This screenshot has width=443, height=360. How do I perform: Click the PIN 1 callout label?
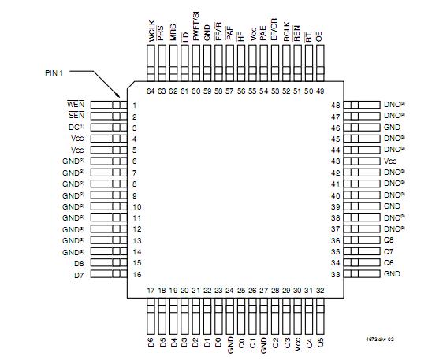pyautogui.click(x=53, y=72)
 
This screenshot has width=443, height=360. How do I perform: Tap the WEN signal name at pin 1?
pyautogui.click(x=75, y=105)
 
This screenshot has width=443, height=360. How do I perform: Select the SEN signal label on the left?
pyautogui.click(x=75, y=116)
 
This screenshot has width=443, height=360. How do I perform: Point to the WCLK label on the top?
pyautogui.click(x=151, y=31)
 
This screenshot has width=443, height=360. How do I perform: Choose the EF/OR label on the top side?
pyautogui.click(x=274, y=29)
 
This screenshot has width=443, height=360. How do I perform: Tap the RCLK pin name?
pyautogui.click(x=285, y=31)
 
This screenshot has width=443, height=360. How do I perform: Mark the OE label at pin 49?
pyautogui.click(x=319, y=35)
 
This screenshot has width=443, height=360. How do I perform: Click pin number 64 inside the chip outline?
pyautogui.click(x=151, y=91)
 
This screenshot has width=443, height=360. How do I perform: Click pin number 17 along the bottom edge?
pyautogui.click(x=151, y=291)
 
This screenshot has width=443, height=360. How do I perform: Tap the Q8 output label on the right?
pyautogui.click(x=388, y=239)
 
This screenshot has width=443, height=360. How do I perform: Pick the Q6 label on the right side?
pyautogui.click(x=388, y=262)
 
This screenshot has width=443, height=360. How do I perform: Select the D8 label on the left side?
pyautogui.click(x=78, y=262)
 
